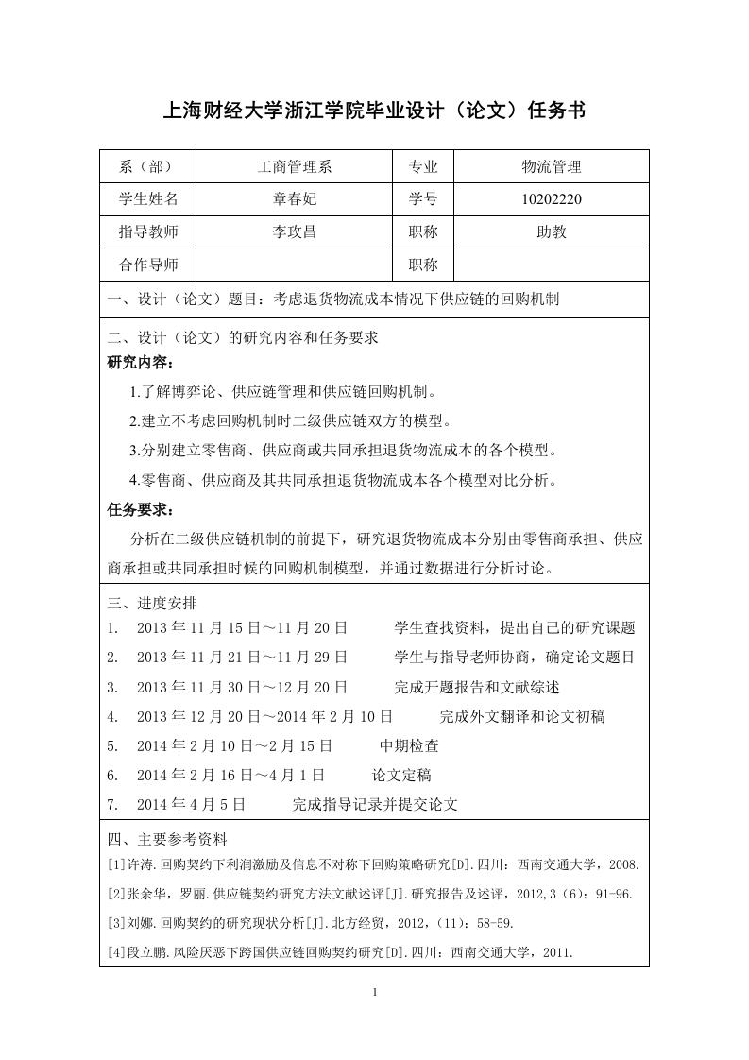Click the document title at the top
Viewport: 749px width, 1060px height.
tap(375, 111)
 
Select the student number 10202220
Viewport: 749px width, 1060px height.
tap(552, 199)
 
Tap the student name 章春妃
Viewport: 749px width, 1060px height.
tap(294, 199)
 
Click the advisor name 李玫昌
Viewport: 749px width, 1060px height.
tap(294, 231)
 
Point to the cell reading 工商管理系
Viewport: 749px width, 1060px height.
tap(294, 167)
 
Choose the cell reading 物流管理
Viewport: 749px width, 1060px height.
tap(552, 167)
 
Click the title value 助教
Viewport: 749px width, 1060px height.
tap(552, 231)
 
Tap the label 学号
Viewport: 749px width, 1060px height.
tap(423, 199)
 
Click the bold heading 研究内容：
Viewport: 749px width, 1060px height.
tap(141, 363)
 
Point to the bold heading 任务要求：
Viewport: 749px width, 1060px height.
tap(141, 510)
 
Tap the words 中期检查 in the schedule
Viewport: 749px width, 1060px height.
tap(409, 745)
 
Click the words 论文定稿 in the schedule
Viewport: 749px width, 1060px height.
tap(401, 775)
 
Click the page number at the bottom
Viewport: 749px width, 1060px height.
tap(375, 992)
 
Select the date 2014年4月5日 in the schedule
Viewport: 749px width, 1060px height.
tap(191, 804)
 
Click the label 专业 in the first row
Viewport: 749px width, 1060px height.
tap(423, 167)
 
